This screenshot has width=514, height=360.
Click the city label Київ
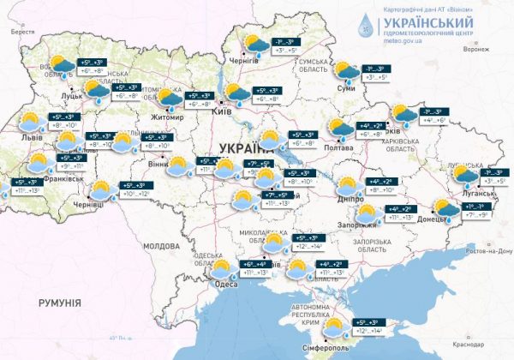[220, 112]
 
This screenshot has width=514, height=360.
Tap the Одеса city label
[226, 284]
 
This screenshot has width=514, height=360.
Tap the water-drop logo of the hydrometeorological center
[367, 25]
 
